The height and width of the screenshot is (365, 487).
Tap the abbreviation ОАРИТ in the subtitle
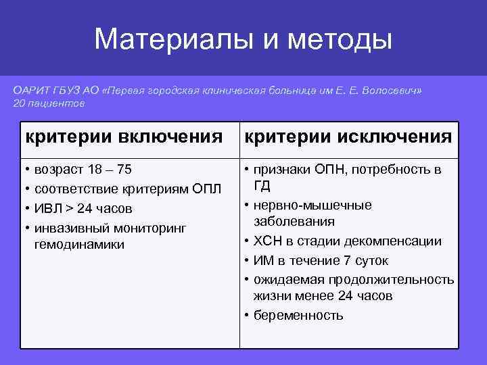(x=32, y=90)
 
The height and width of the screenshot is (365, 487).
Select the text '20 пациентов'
(x=49, y=103)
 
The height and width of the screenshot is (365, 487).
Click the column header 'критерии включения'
(x=124, y=137)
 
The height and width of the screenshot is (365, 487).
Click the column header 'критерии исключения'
(x=348, y=137)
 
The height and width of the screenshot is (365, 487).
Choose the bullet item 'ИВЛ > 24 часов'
(x=83, y=208)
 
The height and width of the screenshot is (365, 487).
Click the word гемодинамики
(x=78, y=245)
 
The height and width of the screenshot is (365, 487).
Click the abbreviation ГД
(x=262, y=186)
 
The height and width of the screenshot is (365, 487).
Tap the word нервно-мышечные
(x=312, y=205)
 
